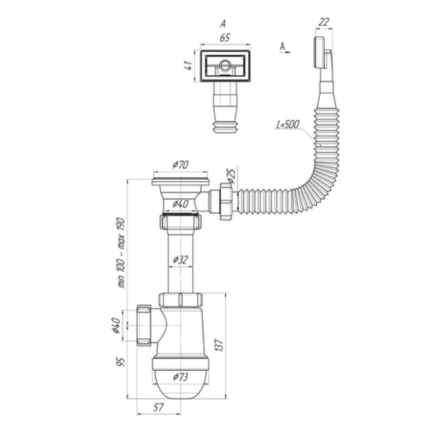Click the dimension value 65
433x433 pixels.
[x=225, y=38]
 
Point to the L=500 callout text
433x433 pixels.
[x=287, y=125]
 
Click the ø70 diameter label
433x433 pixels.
[x=181, y=165]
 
